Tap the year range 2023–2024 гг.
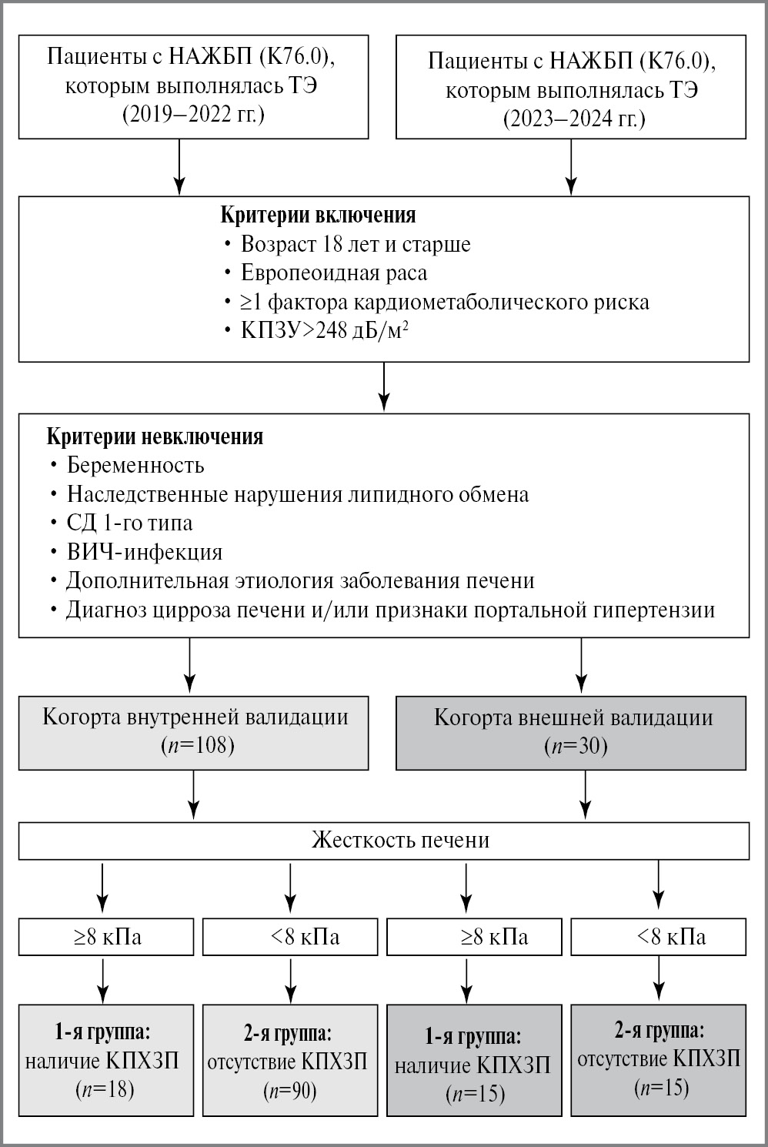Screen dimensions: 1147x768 (573, 120)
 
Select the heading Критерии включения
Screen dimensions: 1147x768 (319, 215)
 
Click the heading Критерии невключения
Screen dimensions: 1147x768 (155, 437)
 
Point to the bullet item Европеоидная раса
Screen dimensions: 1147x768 (334, 273)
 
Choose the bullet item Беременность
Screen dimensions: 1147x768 (135, 465)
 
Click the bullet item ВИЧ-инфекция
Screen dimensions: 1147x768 (145, 552)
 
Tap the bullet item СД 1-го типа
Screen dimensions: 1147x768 (129, 523)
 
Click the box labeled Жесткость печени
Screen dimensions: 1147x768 (384, 840)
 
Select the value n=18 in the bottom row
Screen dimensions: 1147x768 (105, 1089)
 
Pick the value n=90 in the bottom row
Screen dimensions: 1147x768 (290, 1090)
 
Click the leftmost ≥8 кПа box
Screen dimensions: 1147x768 (105, 938)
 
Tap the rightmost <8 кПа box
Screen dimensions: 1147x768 (658, 938)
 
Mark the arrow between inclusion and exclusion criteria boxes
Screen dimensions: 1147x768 (384, 387)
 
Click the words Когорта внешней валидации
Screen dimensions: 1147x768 (573, 717)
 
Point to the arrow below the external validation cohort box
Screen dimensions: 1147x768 (586, 795)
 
